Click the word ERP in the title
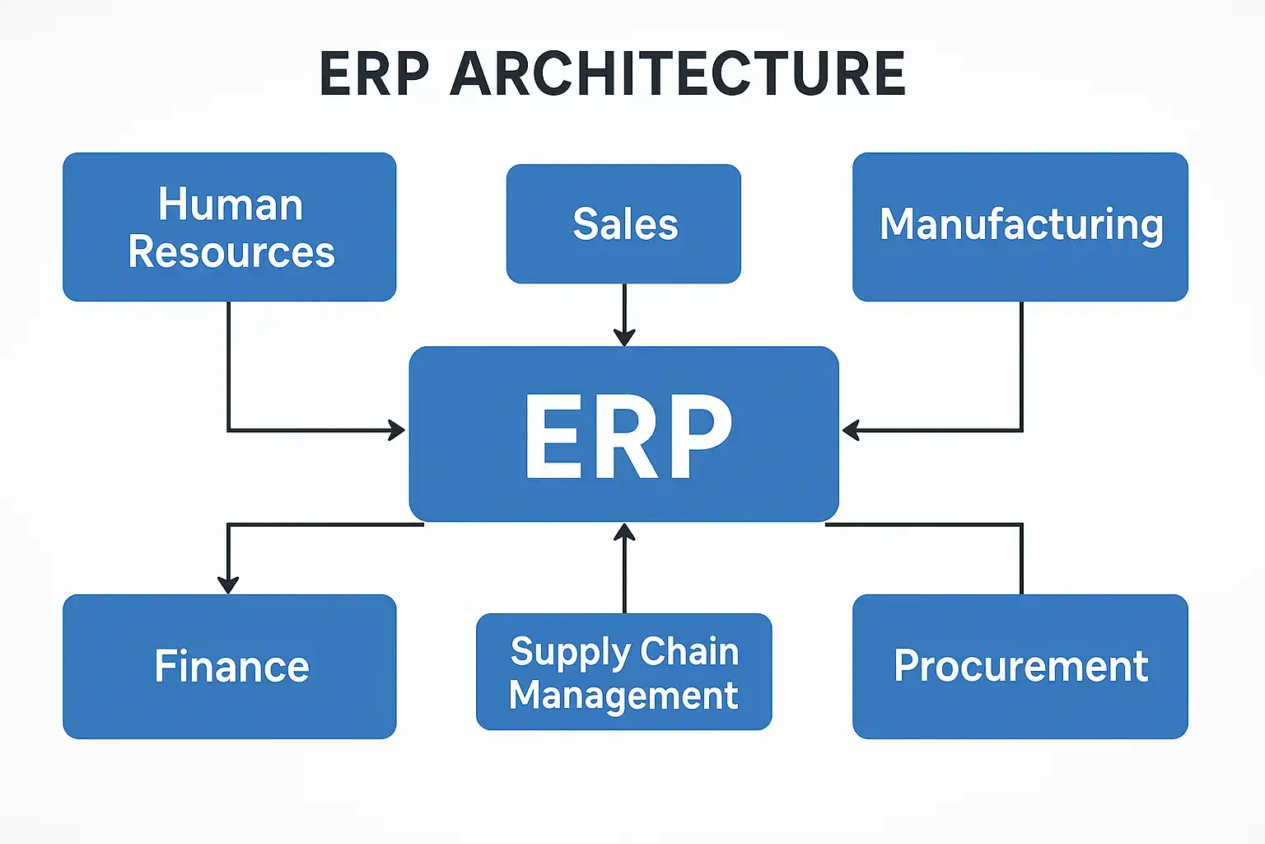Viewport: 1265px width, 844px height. [374, 74]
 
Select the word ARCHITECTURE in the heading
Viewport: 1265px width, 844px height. [678, 74]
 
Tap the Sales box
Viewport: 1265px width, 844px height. [623, 224]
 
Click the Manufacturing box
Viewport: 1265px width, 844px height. [1020, 226]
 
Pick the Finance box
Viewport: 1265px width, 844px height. [230, 666]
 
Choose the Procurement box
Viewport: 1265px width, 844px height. [1020, 666]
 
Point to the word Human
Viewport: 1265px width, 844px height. [231, 204]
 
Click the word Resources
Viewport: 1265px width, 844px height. [231, 251]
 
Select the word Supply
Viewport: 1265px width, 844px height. [571, 653]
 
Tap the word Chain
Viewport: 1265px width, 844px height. [689, 651]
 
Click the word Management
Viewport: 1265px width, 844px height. [623, 695]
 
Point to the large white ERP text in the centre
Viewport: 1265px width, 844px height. [628, 434]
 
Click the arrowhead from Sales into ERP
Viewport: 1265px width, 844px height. [624, 337]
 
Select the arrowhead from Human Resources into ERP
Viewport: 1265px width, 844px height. [397, 429]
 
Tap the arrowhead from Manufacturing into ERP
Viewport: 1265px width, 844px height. [851, 429]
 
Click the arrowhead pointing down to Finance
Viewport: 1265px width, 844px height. [228, 584]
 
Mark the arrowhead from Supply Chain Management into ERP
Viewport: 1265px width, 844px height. [624, 532]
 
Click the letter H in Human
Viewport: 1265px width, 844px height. [171, 204]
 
